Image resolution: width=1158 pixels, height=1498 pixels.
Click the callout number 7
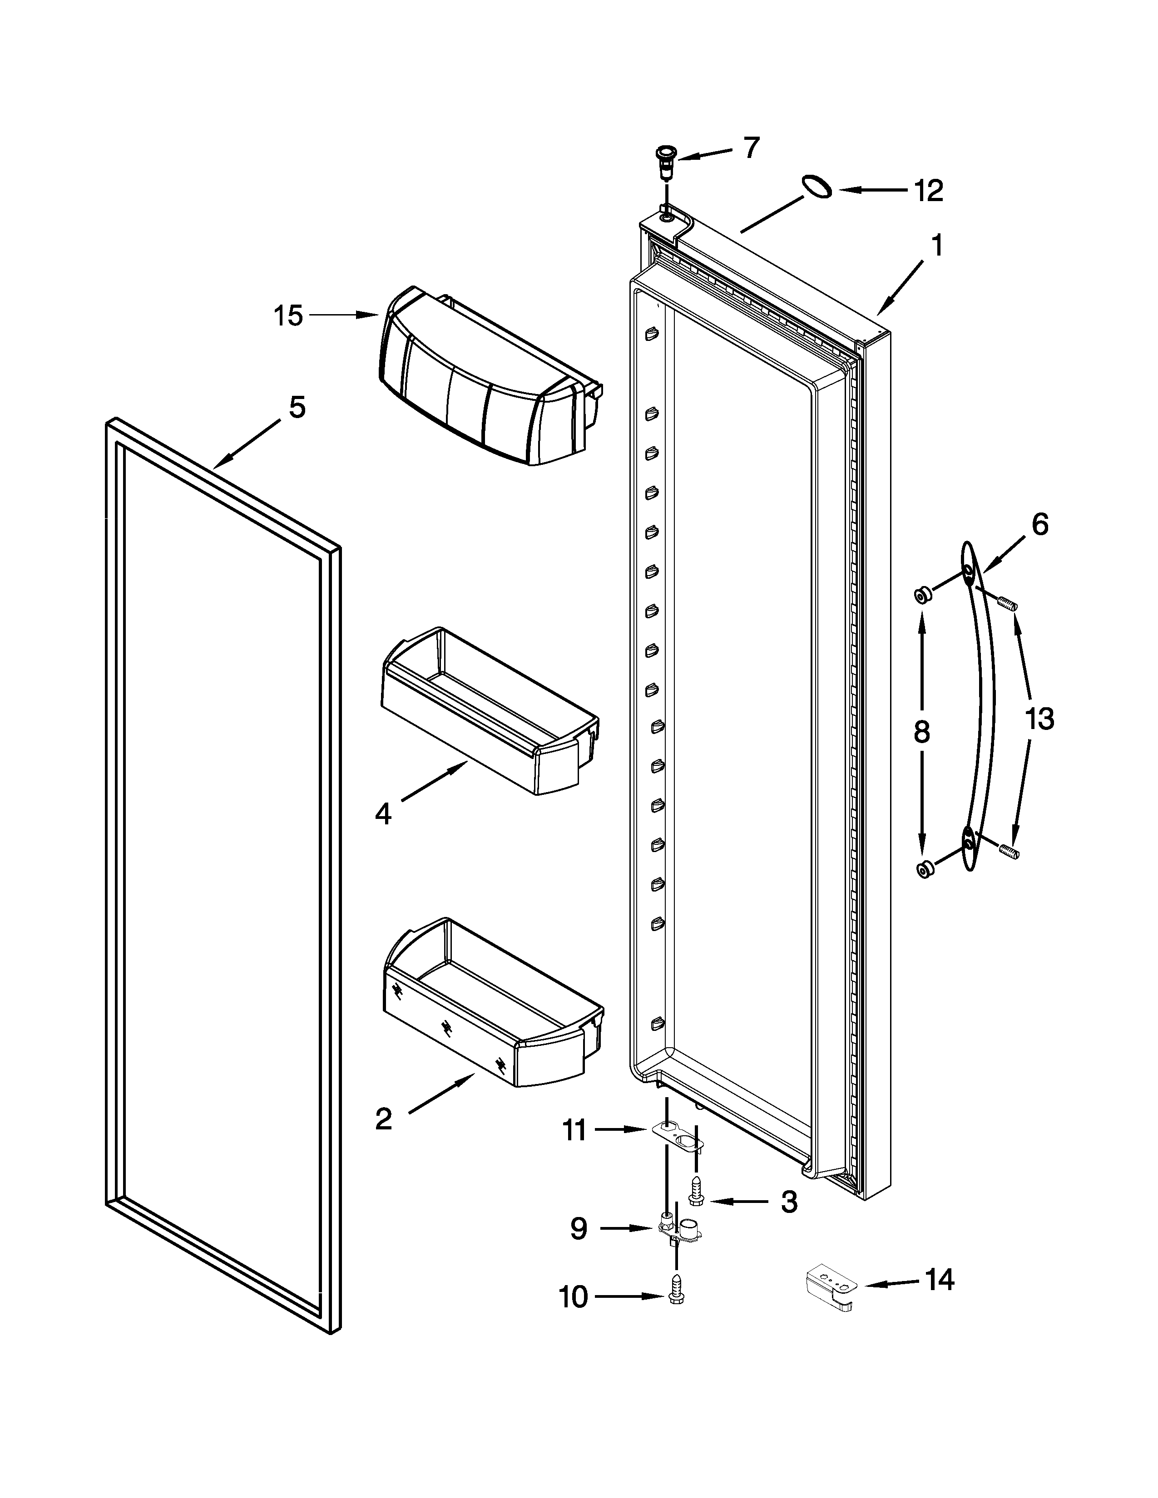pyautogui.click(x=752, y=148)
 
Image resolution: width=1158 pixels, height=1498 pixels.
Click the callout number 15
pyautogui.click(x=288, y=316)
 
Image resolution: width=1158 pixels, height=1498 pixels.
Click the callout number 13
pyautogui.click(x=1039, y=719)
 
